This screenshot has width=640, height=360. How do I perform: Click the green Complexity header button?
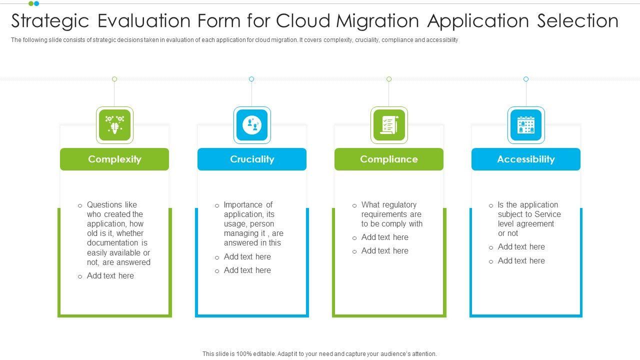(114, 159)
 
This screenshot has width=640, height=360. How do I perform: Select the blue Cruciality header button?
(252, 159)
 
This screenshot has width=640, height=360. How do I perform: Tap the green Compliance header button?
(389, 159)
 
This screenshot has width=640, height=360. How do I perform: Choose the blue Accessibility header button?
(526, 159)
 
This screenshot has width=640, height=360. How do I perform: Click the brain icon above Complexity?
(114, 125)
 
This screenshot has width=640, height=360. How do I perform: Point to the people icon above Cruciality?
(252, 125)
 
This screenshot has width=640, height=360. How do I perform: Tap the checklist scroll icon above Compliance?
(389, 125)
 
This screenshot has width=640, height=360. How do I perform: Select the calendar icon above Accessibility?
(526, 125)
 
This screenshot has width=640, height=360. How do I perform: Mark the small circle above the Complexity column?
(114, 79)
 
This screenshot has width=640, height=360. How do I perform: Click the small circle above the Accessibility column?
(526, 79)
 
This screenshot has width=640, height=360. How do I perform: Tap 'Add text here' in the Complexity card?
(110, 276)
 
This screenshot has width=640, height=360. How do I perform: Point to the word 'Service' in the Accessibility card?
(547, 214)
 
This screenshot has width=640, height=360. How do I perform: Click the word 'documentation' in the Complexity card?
(114, 243)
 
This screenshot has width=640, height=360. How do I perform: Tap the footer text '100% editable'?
(248, 354)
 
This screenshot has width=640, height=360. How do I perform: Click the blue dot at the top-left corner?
(36, 3)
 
